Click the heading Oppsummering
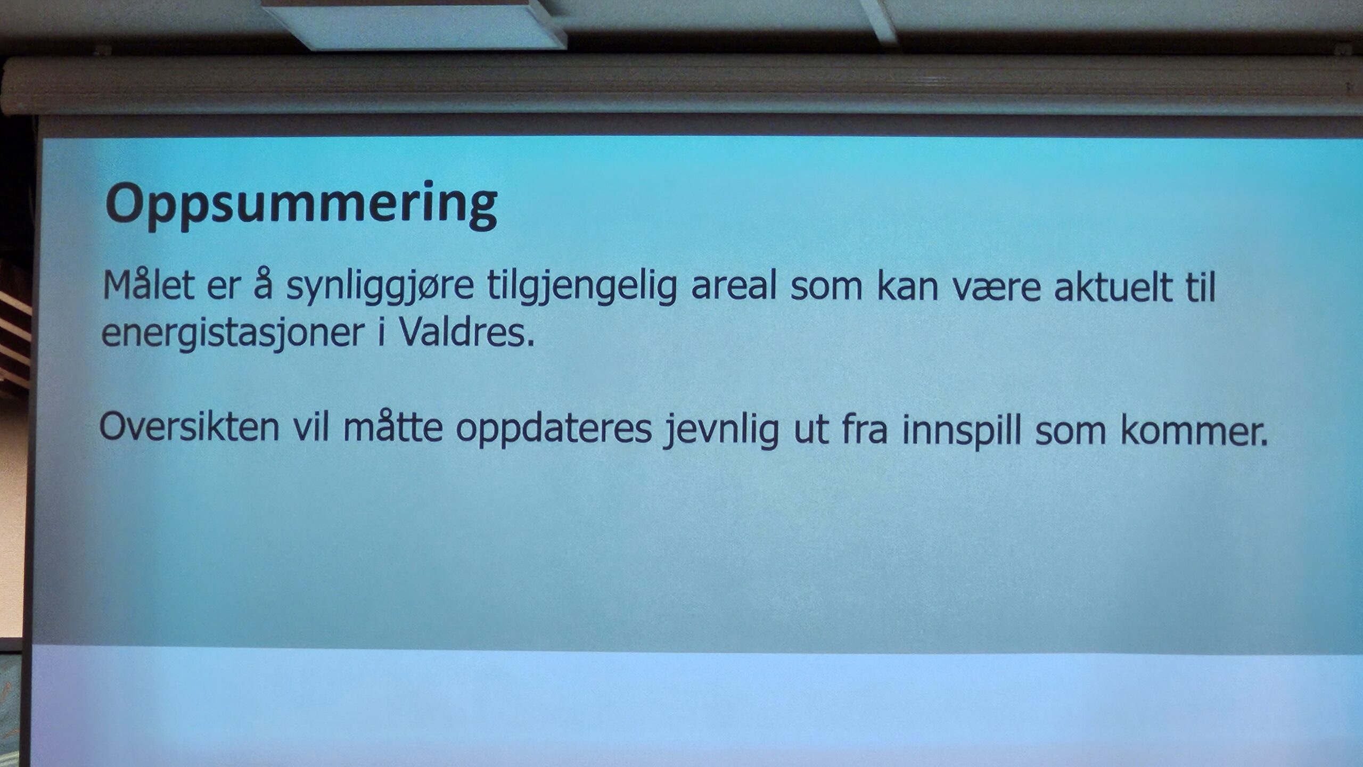click(301, 206)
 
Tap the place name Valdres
click(466, 332)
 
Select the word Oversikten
click(189, 427)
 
